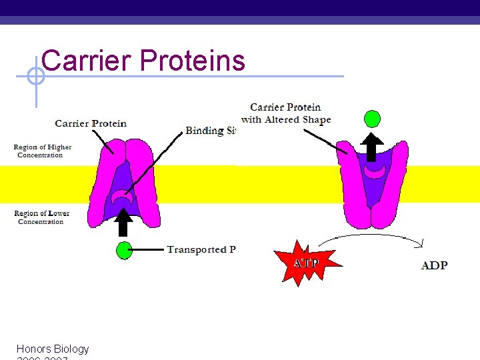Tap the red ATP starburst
305,263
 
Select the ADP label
434,265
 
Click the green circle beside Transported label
123,251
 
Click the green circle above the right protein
372,119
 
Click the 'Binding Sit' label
210,131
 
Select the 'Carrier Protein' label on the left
91,123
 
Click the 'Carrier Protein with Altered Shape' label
286,113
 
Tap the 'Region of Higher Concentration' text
42,151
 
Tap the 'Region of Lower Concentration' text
41,217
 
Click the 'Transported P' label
201,250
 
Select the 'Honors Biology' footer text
53,349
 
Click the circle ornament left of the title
35,77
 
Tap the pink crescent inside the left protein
121,197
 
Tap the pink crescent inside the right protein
375,173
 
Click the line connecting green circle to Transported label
148,250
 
